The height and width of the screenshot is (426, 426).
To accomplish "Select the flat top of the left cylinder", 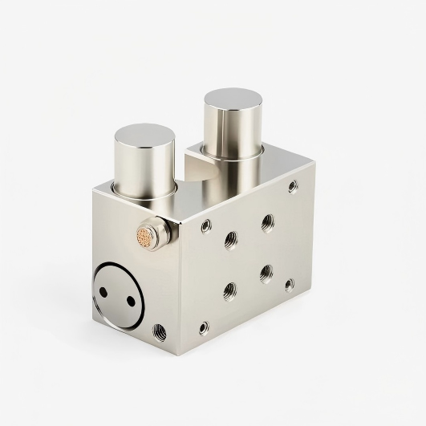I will coord(145,139).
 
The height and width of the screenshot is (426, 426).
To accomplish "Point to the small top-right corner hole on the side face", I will coord(293,186).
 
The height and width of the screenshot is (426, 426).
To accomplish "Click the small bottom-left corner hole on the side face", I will coord(204,327).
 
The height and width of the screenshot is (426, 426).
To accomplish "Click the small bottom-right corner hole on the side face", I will coord(290,283).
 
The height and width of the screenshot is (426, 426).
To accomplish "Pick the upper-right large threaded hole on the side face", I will coord(266,220).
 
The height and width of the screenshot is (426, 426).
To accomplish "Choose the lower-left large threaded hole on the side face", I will coord(230,290).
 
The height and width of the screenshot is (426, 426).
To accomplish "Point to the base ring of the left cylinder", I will coord(144,193).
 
